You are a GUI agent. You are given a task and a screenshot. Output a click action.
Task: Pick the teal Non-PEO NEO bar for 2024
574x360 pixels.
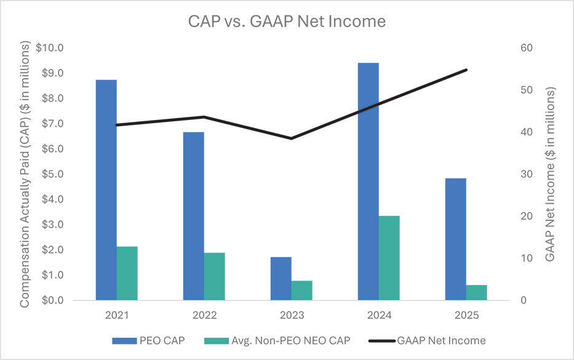pos(389,258)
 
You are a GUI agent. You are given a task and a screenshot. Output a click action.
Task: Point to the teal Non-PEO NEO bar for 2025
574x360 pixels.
pos(476,292)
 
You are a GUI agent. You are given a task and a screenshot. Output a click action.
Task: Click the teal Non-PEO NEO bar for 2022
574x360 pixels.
pos(214,276)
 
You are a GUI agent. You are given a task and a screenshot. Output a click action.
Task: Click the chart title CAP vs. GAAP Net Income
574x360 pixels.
pos(287,22)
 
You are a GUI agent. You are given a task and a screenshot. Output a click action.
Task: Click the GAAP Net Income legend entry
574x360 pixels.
pos(441,340)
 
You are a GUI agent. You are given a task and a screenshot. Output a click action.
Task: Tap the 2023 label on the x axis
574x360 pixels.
pos(292,315)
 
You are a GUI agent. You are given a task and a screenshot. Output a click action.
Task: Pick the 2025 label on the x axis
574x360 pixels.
pos(466,315)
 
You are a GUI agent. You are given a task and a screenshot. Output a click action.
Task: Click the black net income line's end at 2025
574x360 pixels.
pos(466,70)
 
